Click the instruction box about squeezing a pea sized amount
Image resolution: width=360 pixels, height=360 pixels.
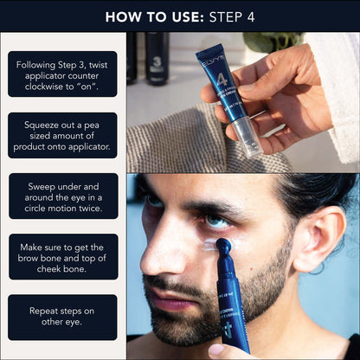(62, 135)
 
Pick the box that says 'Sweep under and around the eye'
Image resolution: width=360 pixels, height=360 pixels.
(62, 196)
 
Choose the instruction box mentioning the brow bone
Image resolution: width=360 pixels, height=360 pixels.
(62, 256)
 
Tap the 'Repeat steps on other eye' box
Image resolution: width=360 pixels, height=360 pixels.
(62, 318)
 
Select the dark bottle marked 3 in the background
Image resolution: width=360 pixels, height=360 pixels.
(157, 59)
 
